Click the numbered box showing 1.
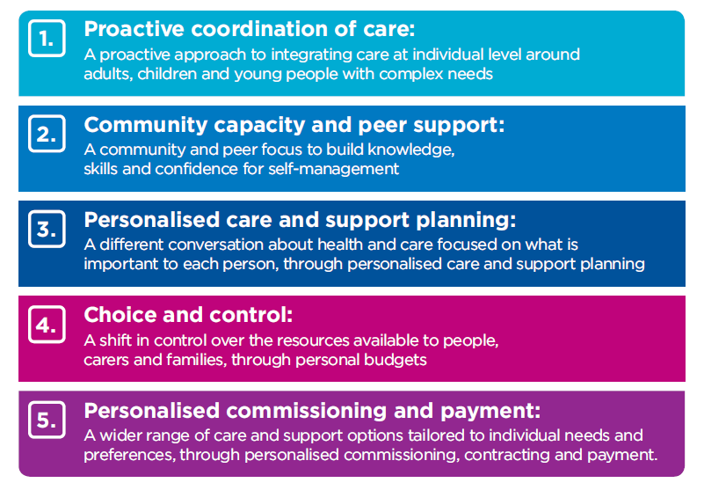(x=47, y=38)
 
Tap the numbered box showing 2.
(x=47, y=134)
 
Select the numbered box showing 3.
(x=47, y=229)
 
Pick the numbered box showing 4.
(x=47, y=324)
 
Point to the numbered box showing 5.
(x=47, y=420)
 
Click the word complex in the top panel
(x=410, y=74)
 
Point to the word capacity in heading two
(x=259, y=125)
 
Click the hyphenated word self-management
(x=334, y=169)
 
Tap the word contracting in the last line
(x=507, y=455)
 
